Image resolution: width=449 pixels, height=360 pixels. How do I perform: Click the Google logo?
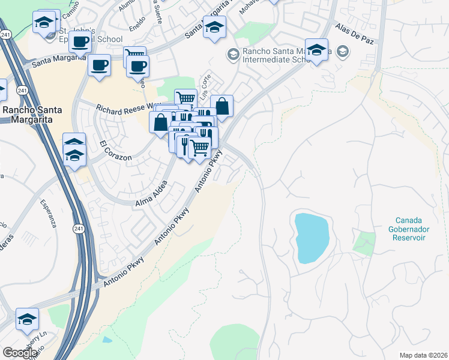click(x=20, y=353)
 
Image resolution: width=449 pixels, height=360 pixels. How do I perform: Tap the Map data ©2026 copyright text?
click(x=424, y=355)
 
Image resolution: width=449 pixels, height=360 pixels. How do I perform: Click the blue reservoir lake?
click(x=312, y=237)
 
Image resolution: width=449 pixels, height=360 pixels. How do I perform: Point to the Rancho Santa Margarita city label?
click(x=35, y=114)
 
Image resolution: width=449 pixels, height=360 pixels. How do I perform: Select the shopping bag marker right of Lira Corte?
click(x=221, y=106)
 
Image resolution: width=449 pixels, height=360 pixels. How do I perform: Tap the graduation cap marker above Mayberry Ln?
click(x=27, y=319)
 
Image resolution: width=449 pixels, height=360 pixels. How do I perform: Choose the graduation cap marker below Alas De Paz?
click(x=316, y=49)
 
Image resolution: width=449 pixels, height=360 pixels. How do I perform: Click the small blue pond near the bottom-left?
click(x=107, y=340)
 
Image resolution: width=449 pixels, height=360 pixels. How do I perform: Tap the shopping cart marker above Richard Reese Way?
click(x=185, y=98)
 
